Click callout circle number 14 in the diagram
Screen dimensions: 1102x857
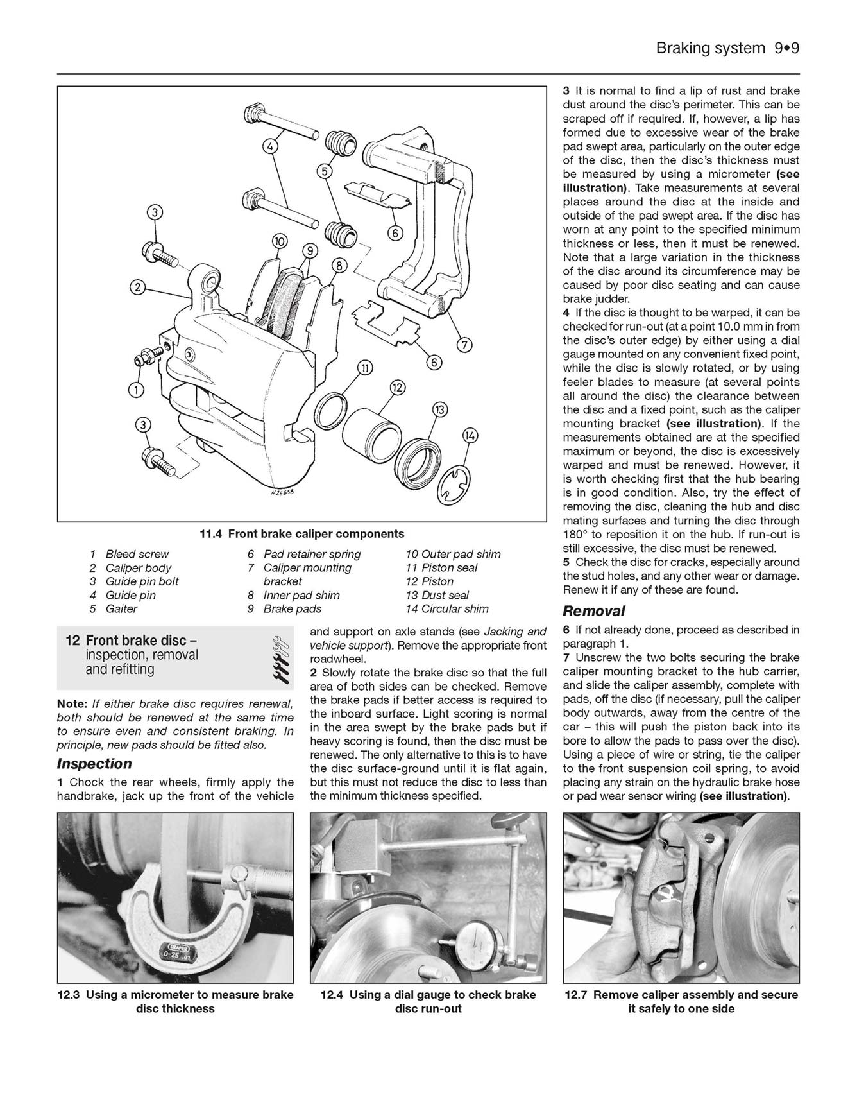click(470, 436)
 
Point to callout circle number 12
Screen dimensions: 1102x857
click(398, 387)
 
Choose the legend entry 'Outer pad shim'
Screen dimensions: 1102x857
click(453, 554)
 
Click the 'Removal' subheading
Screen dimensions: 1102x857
click(594, 611)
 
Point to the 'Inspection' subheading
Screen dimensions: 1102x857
click(94, 764)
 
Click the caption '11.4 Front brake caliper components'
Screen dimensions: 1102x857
click(301, 534)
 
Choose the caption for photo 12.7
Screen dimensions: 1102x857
click(681, 1001)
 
